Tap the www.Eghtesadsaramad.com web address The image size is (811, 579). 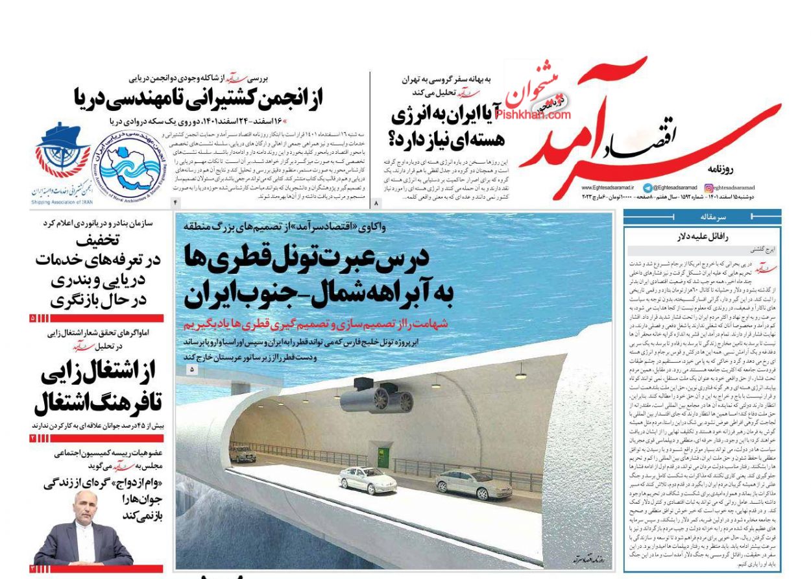608,187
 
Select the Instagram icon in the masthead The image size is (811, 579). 708,187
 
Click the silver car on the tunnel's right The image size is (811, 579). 465,484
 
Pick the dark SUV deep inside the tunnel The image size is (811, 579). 243,454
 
